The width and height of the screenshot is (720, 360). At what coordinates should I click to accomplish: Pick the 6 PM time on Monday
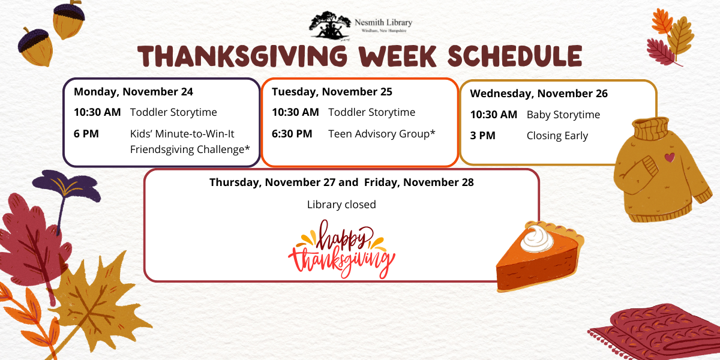point(86,133)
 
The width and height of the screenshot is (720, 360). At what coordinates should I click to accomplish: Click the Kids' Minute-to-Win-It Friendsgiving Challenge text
point(190,141)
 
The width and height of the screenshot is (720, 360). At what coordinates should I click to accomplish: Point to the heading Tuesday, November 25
point(332,92)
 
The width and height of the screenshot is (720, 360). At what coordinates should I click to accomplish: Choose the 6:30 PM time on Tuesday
point(292,133)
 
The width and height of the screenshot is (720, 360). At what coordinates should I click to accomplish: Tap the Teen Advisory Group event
point(382,133)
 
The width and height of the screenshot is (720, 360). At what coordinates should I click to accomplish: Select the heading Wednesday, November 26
point(538,94)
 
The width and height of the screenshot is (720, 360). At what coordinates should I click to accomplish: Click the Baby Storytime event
point(563,115)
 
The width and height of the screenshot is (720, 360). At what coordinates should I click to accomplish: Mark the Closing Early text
point(557,136)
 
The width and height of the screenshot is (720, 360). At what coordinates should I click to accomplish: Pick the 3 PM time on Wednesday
point(482,136)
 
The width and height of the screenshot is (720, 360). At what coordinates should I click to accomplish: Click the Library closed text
point(341,205)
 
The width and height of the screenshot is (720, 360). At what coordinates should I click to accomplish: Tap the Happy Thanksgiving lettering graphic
point(341,249)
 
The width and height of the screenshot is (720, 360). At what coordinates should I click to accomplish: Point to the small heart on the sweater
point(669,157)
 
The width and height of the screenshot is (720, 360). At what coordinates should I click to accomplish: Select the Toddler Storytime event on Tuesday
point(371,112)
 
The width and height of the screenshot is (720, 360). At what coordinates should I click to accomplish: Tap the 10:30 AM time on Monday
point(97,112)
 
